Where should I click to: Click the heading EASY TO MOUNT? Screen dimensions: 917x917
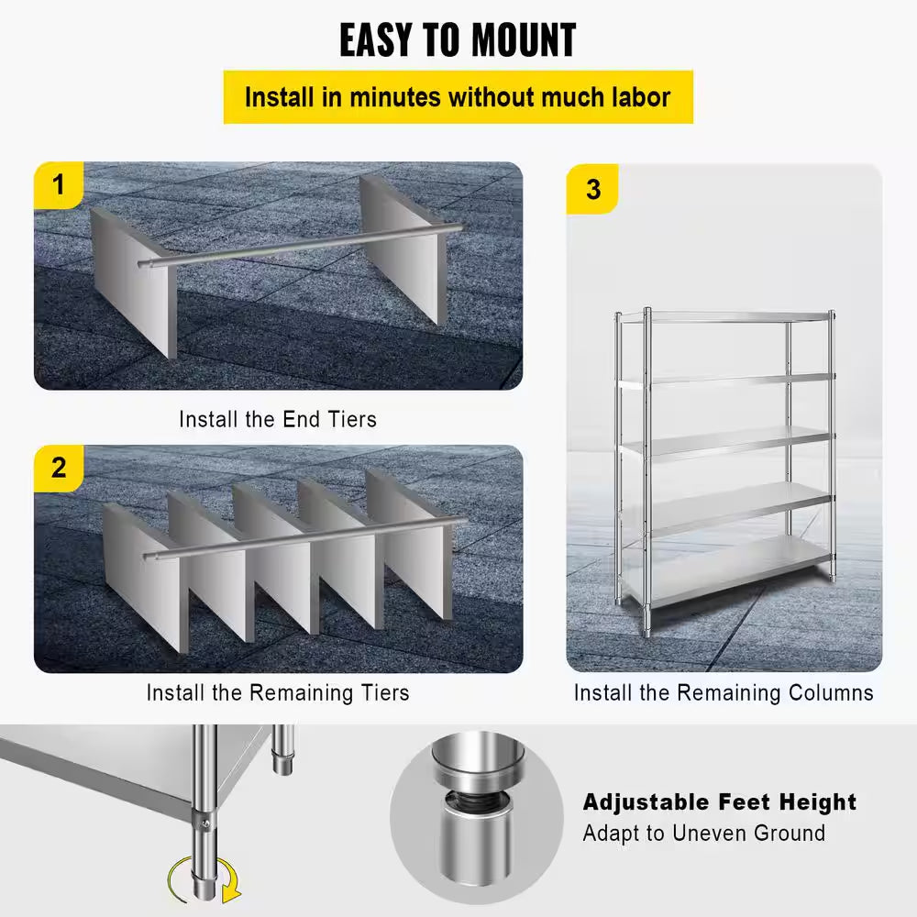pyautogui.click(x=458, y=40)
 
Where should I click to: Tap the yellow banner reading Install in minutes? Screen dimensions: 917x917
pyautogui.click(x=458, y=96)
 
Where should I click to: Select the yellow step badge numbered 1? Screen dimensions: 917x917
pyautogui.click(x=59, y=186)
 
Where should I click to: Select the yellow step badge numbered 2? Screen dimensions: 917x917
pyautogui.click(x=59, y=468)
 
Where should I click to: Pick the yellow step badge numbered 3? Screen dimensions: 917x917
pyautogui.click(x=592, y=189)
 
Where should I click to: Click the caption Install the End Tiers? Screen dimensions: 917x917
pyautogui.click(x=277, y=419)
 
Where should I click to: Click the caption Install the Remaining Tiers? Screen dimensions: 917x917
pyautogui.click(x=277, y=692)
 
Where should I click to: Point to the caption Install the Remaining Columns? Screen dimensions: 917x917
pyautogui.click(x=724, y=692)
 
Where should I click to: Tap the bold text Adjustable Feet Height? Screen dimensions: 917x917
pyautogui.click(x=719, y=802)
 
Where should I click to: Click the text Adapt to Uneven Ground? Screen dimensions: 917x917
pyautogui.click(x=703, y=834)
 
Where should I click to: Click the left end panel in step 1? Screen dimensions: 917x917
pyautogui.click(x=133, y=280)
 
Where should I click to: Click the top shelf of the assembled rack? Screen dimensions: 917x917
pyautogui.click(x=724, y=317)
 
